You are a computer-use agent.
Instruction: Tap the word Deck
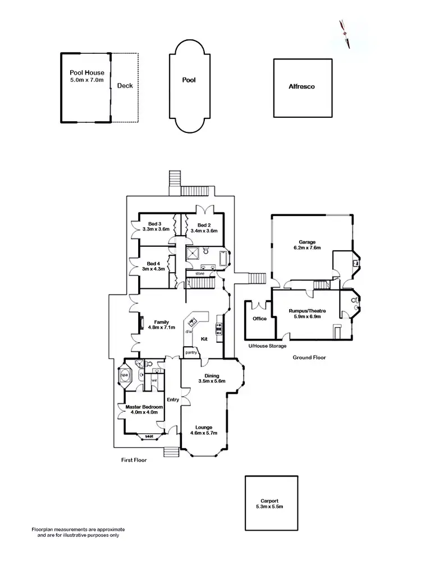point(125,86)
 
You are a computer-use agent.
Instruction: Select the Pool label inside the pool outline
point(189,80)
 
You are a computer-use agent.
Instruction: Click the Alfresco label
point(301,87)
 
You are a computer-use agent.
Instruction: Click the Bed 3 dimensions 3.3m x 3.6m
point(155,229)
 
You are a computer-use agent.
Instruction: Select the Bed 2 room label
point(204,224)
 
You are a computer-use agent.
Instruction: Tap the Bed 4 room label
point(154,264)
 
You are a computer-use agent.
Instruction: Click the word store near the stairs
point(199,274)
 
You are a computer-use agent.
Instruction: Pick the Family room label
point(162,322)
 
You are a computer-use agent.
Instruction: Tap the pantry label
point(190,352)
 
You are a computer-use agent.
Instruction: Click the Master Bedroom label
point(144,407)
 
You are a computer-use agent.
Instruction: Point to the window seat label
point(149,436)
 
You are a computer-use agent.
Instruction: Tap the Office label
point(259,319)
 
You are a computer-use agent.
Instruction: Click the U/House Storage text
point(267,346)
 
